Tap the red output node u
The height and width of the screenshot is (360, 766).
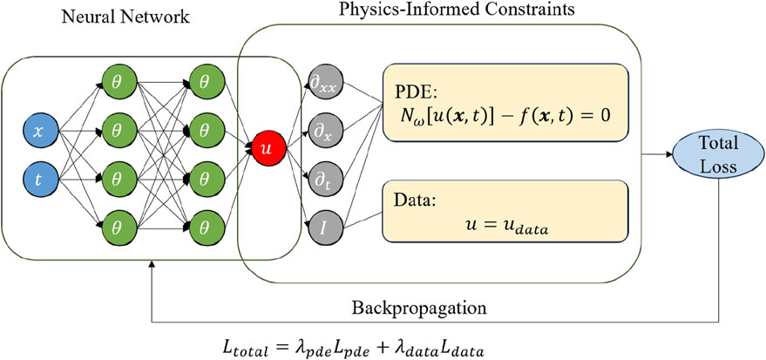click(268, 149)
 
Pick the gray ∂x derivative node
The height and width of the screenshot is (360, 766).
click(319, 132)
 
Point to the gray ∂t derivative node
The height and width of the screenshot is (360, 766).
click(319, 180)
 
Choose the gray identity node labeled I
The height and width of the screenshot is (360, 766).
click(319, 228)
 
